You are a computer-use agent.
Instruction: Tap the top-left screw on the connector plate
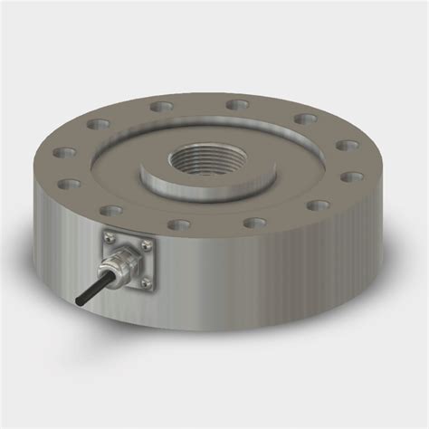[107, 237]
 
